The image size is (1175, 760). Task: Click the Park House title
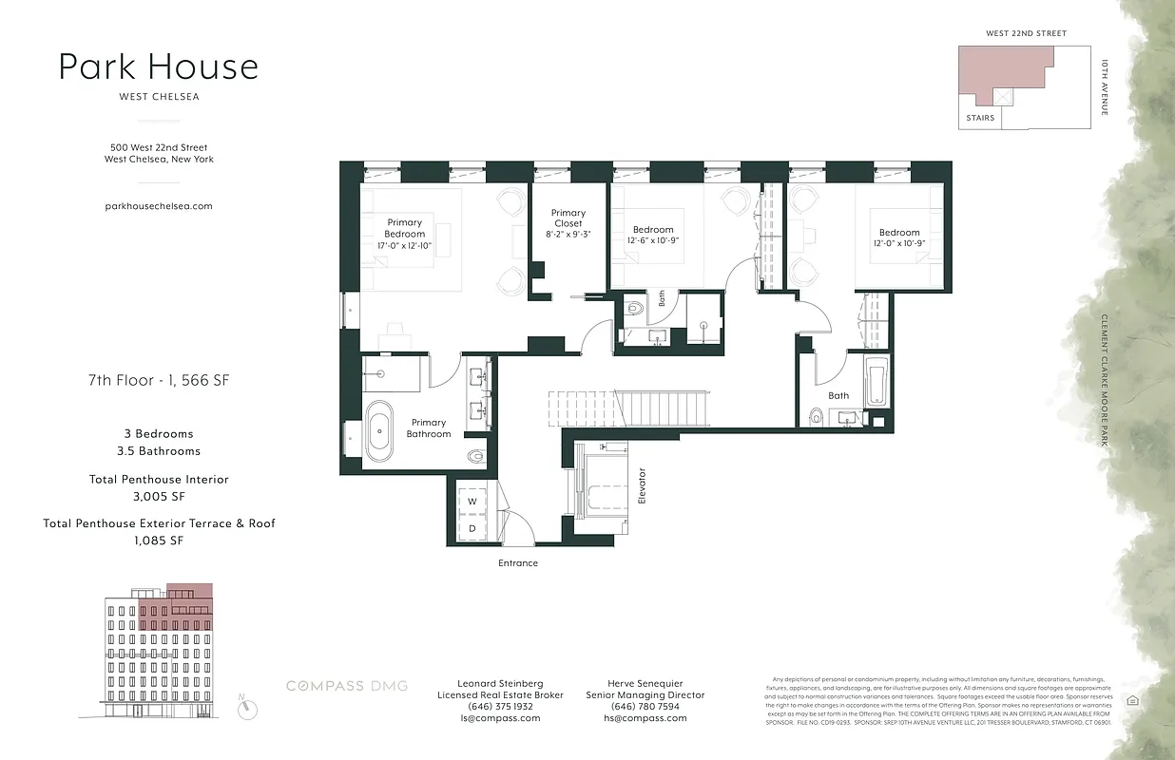click(x=158, y=67)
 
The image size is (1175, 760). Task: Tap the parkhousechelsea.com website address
click(x=159, y=205)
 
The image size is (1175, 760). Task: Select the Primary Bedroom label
click(x=405, y=228)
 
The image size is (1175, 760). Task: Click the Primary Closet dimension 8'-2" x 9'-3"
click(x=568, y=234)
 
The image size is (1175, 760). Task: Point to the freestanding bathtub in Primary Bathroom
click(x=379, y=430)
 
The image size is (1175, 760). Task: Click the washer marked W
click(x=472, y=502)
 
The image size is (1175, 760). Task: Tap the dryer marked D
click(x=472, y=528)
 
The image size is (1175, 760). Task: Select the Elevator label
click(x=642, y=484)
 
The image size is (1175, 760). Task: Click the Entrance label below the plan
click(x=518, y=563)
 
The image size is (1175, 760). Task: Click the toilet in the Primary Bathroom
click(x=476, y=456)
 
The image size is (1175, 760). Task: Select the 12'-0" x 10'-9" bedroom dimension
click(x=899, y=243)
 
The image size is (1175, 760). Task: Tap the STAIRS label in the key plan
click(x=980, y=118)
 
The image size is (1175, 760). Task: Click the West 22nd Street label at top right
click(x=1026, y=33)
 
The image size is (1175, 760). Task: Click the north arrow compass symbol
click(x=248, y=707)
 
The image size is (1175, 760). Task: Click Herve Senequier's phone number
click(x=645, y=707)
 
